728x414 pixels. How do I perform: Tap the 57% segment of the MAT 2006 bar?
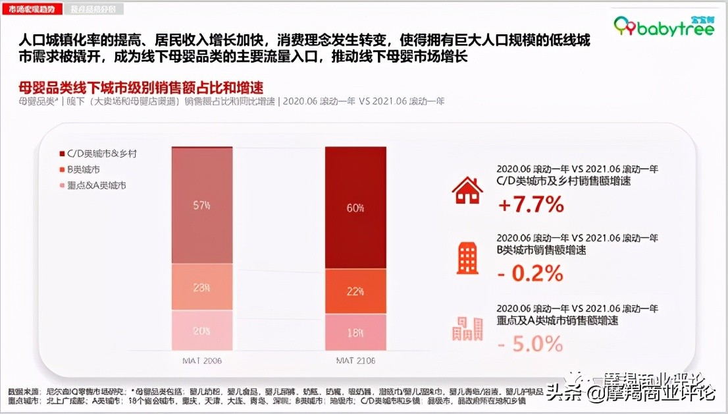[201, 204]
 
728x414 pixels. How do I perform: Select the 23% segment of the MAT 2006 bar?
[201, 287]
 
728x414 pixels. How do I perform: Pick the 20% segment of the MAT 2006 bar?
[201, 330]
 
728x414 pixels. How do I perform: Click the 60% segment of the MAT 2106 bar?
[355, 208]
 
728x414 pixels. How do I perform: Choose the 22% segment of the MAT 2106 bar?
[355, 291]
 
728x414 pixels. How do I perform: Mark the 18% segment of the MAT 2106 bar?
[355, 332]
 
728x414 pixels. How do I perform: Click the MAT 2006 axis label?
[201, 361]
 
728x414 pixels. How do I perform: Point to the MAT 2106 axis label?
[355, 361]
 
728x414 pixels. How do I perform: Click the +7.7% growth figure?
[531, 205]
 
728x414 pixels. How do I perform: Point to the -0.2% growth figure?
[531, 272]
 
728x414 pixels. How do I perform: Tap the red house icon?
[467, 191]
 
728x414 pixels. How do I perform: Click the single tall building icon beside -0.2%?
[467, 257]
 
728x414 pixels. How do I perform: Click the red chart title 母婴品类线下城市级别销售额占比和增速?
[141, 87]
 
